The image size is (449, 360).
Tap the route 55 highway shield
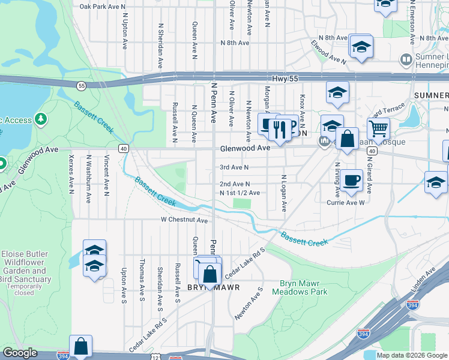coord(81,86)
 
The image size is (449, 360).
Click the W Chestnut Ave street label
coord(184,220)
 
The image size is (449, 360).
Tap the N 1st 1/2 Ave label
coord(240,193)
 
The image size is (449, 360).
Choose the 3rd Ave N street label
coord(234,167)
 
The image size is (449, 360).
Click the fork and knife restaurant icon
coord(279,127)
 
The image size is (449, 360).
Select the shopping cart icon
coord(378,127)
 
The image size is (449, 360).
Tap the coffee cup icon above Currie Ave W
coord(352,179)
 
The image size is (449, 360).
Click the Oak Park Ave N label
coord(103,7)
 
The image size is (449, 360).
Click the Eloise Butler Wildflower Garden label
coord(25,266)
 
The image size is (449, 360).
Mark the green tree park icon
coord(41,120)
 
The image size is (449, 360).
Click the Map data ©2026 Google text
coord(412,355)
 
